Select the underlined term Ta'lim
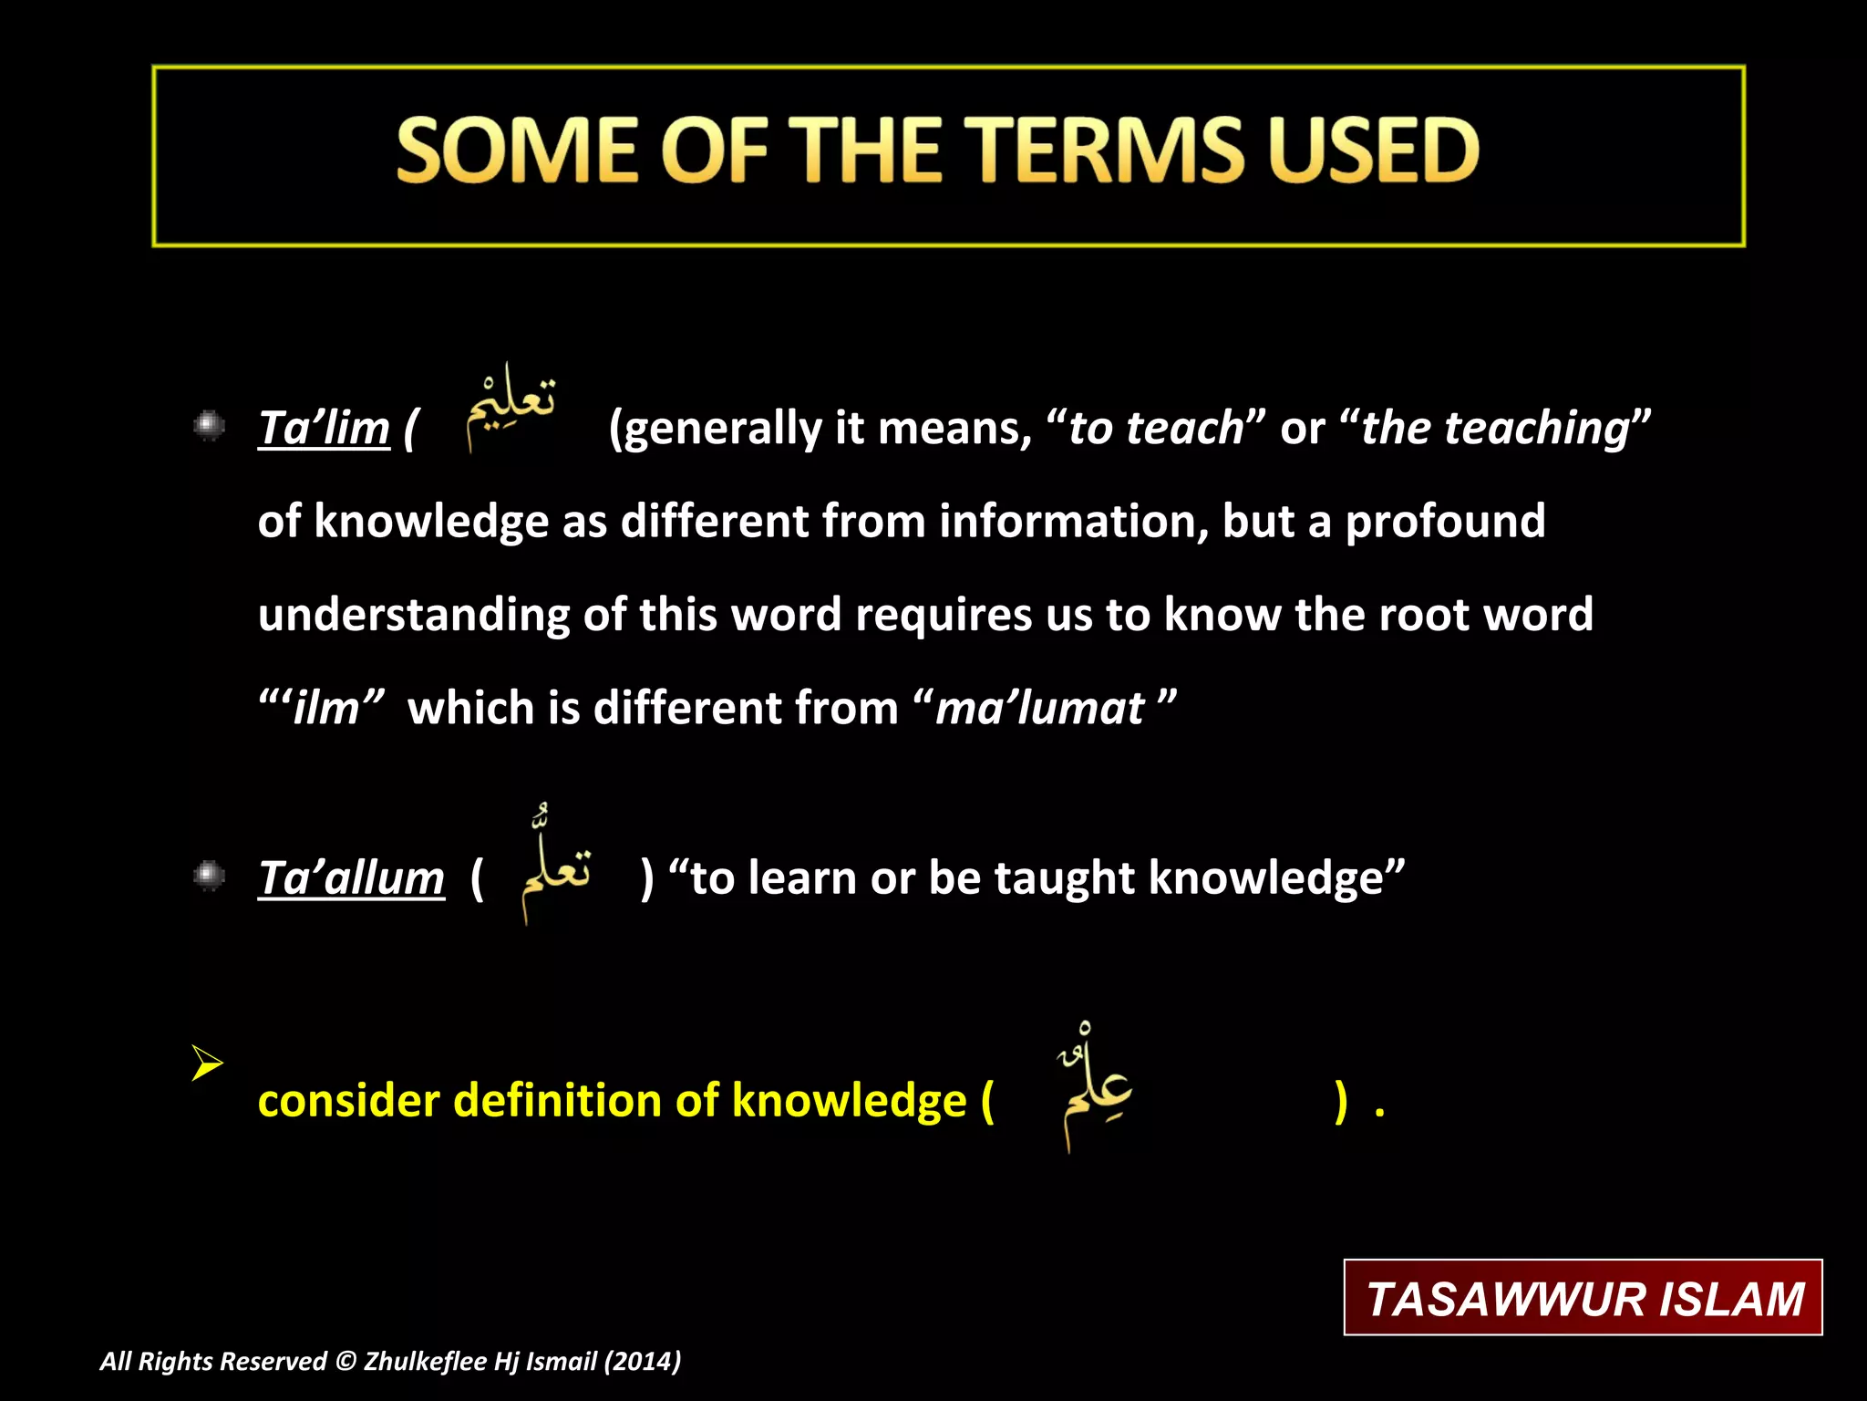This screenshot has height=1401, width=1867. pos(324,428)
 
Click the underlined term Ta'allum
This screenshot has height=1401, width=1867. pos(351,877)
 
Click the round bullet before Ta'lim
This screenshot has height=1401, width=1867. pos(210,425)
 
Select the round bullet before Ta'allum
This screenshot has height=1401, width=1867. pos(210,876)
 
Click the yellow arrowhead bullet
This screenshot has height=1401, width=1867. pos(207,1064)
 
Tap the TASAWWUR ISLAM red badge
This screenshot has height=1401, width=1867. pos(1583,1298)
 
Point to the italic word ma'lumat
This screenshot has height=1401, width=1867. pos(1039,709)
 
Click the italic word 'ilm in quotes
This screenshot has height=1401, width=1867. pos(326,709)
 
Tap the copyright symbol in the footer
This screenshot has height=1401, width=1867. pos(346,1361)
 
